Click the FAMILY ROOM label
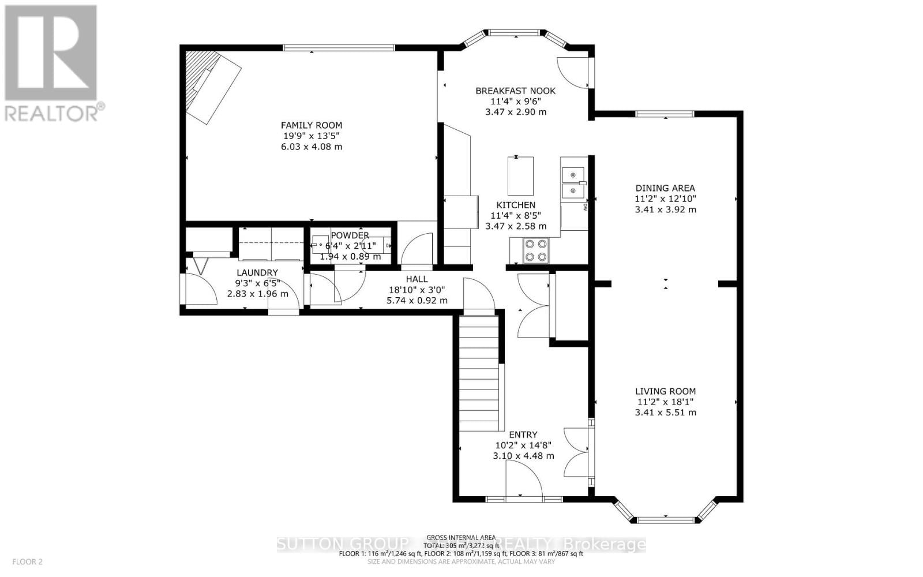[311, 125]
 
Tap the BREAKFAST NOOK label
[515, 91]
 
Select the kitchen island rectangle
[520, 175]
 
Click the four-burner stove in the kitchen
[535, 250]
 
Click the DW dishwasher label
[585, 207]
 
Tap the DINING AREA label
[665, 188]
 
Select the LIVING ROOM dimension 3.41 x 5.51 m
[665, 413]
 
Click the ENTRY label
[523, 434]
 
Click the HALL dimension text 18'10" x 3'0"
[417, 290]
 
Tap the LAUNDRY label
[257, 272]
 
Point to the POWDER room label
[350, 235]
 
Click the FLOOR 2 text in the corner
[28, 561]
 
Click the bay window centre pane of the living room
[665, 520]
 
